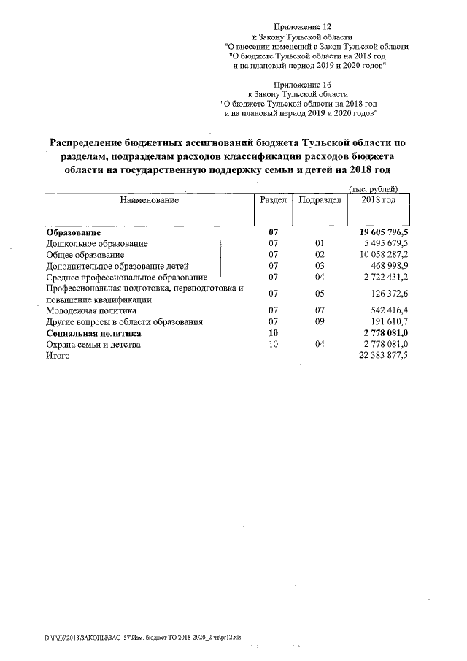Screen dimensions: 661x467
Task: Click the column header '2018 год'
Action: point(378,200)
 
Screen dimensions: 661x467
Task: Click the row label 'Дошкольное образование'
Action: point(97,243)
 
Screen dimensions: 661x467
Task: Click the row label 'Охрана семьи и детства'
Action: point(93,344)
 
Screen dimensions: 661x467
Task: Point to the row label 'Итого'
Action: point(58,355)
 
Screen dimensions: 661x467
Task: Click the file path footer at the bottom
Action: point(142,637)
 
